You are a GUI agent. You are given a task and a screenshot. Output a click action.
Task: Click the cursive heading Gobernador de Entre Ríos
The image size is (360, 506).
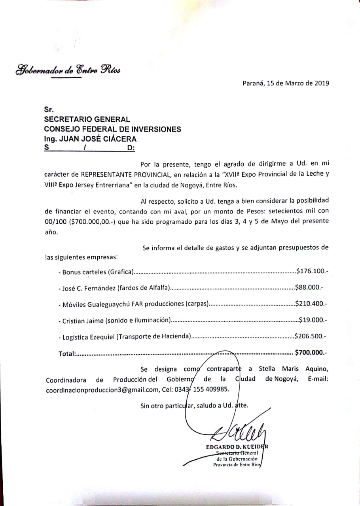(68, 70)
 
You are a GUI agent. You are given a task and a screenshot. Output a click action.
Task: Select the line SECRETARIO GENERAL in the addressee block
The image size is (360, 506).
(87, 119)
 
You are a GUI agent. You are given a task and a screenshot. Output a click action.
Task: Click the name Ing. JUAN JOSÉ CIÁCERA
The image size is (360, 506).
(90, 139)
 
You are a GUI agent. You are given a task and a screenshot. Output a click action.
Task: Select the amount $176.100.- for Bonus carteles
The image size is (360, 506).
(312, 272)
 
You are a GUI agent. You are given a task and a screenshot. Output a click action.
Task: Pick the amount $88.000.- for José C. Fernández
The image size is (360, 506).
(309, 288)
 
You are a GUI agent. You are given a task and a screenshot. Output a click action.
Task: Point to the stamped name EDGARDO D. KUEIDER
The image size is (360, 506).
(237, 447)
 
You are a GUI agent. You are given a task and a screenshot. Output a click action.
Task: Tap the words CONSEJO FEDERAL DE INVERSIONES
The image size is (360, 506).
(112, 129)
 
